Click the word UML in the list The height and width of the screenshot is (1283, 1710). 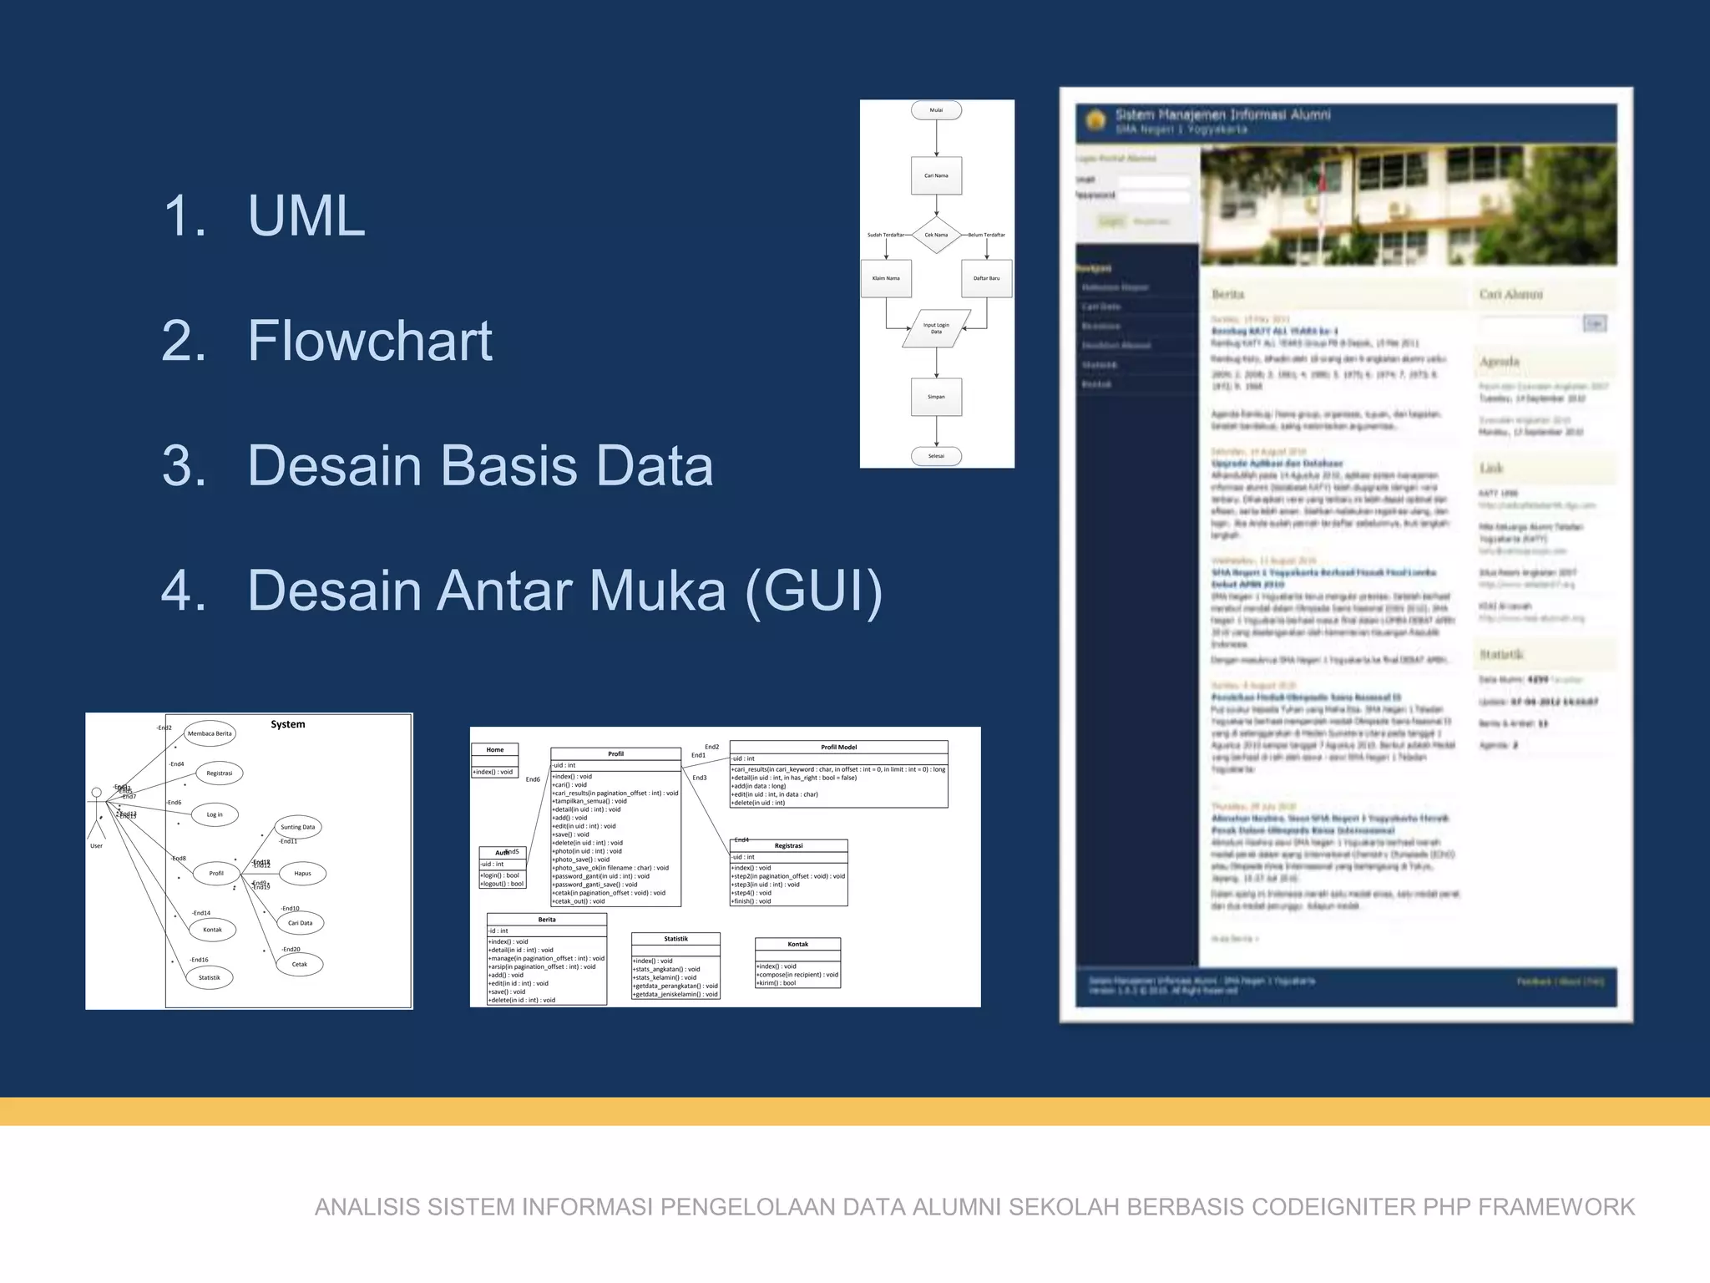(x=306, y=216)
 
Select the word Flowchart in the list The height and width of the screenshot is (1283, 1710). (x=370, y=341)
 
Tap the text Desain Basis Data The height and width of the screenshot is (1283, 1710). (x=480, y=465)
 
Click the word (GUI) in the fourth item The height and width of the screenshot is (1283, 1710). (x=812, y=591)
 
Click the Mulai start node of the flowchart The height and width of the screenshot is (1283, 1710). (x=936, y=110)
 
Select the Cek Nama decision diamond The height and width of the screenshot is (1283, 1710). (x=936, y=235)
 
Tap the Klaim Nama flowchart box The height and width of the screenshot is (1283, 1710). (x=886, y=278)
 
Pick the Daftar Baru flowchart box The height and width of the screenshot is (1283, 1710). (x=986, y=278)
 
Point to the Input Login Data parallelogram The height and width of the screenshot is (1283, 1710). (x=936, y=328)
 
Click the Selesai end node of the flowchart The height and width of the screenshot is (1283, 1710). (x=936, y=456)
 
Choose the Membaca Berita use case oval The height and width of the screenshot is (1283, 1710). (x=210, y=733)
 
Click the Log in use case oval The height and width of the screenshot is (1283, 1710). (x=215, y=814)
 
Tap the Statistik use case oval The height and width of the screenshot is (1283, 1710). (x=210, y=977)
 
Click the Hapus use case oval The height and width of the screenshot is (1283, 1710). (x=302, y=874)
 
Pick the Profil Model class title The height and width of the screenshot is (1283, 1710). (x=838, y=748)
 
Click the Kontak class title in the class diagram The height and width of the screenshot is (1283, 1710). (x=797, y=945)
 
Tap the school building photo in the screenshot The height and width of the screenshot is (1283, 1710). (x=1408, y=205)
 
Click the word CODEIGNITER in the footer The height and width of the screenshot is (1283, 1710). (x=1334, y=1207)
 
